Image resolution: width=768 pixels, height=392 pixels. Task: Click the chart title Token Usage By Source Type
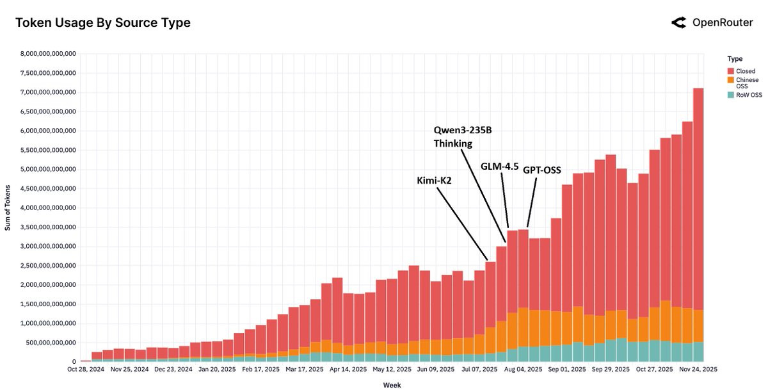102,23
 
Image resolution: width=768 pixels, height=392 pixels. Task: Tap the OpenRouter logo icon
678,23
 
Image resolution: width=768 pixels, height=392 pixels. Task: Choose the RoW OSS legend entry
743,95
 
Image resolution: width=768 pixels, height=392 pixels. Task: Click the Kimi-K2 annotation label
435,181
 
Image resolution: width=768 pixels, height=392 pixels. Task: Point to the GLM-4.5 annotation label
499,166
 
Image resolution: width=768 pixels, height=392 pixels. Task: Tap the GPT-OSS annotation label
542,170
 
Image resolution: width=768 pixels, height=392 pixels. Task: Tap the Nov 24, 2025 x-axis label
696,370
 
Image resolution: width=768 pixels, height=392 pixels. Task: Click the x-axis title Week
392,385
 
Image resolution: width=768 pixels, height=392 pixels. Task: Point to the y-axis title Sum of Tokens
8,208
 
